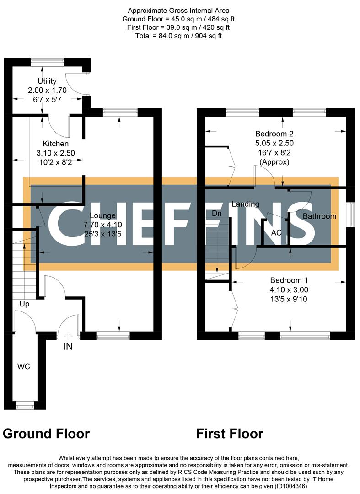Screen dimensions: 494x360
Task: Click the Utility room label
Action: [48, 81]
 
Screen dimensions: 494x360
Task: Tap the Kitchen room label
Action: [56, 144]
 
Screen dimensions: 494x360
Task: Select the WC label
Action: [24, 367]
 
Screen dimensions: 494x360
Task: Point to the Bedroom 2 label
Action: [274, 134]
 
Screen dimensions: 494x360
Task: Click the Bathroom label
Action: [319, 216]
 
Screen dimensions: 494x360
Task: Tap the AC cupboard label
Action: [276, 232]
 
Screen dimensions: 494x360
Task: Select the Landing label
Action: [245, 204]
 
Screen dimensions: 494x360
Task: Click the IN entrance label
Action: [68, 347]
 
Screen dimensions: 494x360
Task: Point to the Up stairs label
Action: [24, 304]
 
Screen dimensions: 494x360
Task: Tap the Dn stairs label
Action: [216, 214]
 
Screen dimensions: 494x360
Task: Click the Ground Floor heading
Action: [46, 434]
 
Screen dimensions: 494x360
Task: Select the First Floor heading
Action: [230, 434]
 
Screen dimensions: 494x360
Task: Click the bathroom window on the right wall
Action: [350, 215]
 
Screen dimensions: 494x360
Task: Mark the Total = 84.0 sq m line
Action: [179, 36]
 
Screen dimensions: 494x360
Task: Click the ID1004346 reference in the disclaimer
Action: [291, 486]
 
